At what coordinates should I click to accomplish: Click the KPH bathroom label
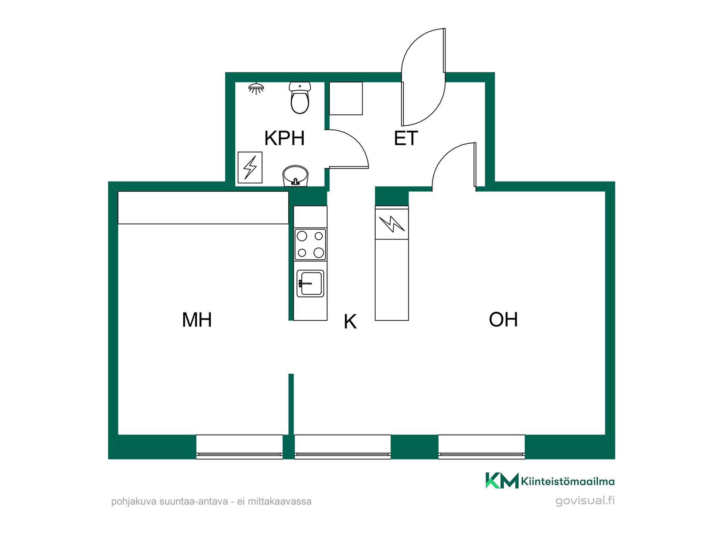point(284,138)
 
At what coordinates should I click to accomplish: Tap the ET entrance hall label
point(406,138)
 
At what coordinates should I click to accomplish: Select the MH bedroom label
point(197,320)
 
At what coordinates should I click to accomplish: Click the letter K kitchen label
point(350,321)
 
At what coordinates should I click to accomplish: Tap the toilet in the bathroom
point(300,98)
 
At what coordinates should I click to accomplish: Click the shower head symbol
point(256,88)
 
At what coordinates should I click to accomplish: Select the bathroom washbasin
point(295,176)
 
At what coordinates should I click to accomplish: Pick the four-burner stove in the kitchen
point(310,244)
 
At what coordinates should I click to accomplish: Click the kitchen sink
point(310,283)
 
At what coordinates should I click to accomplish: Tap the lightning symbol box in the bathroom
point(250,167)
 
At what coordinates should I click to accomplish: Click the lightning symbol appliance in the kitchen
point(392,224)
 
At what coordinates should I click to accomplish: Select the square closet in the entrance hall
point(346,98)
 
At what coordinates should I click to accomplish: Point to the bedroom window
point(239,447)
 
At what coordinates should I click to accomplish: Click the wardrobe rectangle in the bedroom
point(203,208)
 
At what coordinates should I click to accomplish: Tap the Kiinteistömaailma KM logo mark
point(502,481)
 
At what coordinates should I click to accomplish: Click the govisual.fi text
point(585,501)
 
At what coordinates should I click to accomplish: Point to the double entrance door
point(423,77)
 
